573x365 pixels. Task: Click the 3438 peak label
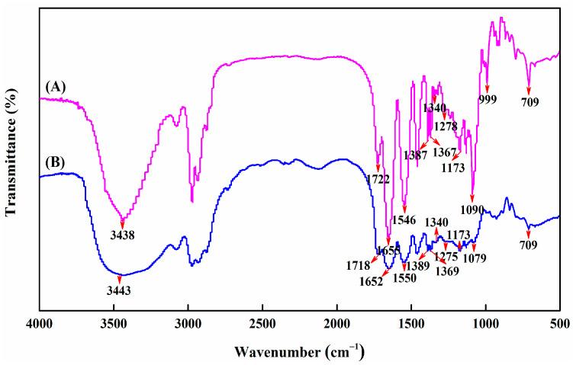click(x=122, y=235)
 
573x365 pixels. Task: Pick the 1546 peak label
click(x=404, y=220)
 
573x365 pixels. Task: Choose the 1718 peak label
click(x=357, y=265)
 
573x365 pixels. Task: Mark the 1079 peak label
click(x=475, y=258)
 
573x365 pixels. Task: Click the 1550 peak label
click(x=404, y=278)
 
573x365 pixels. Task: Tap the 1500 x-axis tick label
click(x=410, y=323)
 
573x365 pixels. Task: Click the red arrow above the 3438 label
click(x=122, y=223)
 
